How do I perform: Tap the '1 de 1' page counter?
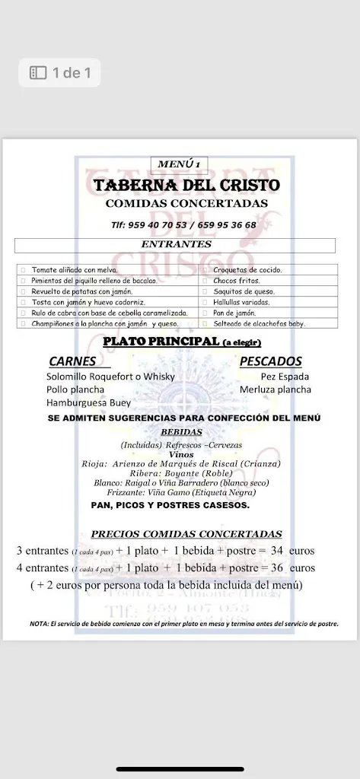61,73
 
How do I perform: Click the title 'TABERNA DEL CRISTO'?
186,186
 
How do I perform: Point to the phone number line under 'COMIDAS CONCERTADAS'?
183,225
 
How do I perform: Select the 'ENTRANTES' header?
176,244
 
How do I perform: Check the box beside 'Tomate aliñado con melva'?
24,270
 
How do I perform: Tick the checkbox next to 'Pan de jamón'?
205,313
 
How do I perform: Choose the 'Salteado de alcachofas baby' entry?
258,323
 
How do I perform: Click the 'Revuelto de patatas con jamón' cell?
81,291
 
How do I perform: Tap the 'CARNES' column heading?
72,361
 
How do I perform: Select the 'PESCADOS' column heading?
270,361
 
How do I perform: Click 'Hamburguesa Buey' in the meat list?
87,402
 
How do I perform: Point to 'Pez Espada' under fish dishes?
284,377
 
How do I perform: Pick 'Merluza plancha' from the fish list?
275,389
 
